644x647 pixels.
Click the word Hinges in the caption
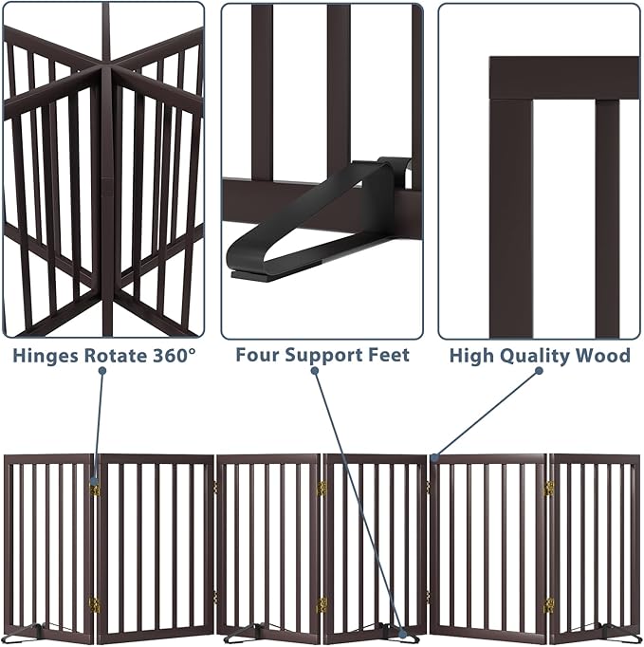(x=43, y=356)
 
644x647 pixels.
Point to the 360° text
(x=174, y=356)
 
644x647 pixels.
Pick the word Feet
(x=390, y=356)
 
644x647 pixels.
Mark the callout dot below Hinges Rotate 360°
(x=102, y=370)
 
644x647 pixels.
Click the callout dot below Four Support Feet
(x=315, y=370)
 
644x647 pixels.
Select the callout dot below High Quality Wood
(x=538, y=371)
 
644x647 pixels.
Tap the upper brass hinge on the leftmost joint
(x=95, y=490)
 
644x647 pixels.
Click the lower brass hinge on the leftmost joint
(x=94, y=603)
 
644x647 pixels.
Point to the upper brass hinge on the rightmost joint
(x=549, y=489)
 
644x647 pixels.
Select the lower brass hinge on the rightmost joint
(x=549, y=604)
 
